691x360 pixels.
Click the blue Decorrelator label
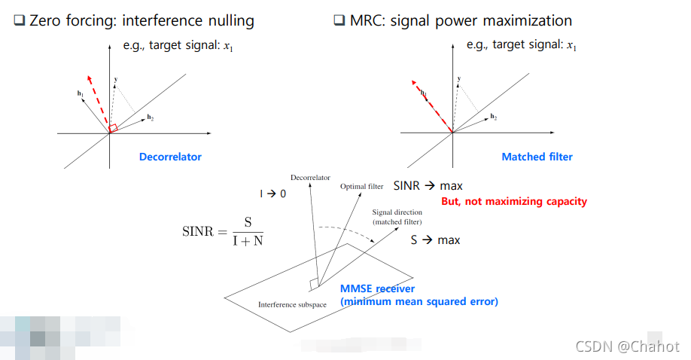(x=170, y=157)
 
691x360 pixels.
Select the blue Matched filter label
(x=537, y=157)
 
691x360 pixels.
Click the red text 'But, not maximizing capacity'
(x=513, y=201)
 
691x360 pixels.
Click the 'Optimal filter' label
(x=362, y=186)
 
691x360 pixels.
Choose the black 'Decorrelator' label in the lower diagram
(x=310, y=178)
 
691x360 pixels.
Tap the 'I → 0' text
(x=273, y=194)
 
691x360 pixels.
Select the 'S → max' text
(x=435, y=240)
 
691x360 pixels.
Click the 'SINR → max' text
(x=428, y=185)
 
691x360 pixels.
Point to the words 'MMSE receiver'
(x=377, y=288)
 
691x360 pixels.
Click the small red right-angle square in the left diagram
(x=113, y=129)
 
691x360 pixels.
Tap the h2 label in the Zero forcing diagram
(x=151, y=118)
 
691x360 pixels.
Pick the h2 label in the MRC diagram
(x=494, y=117)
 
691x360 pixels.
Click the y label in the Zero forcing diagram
(x=116, y=78)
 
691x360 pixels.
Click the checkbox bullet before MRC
(x=339, y=21)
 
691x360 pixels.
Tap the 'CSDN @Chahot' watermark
(x=627, y=346)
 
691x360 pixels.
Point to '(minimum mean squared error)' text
(x=419, y=301)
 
